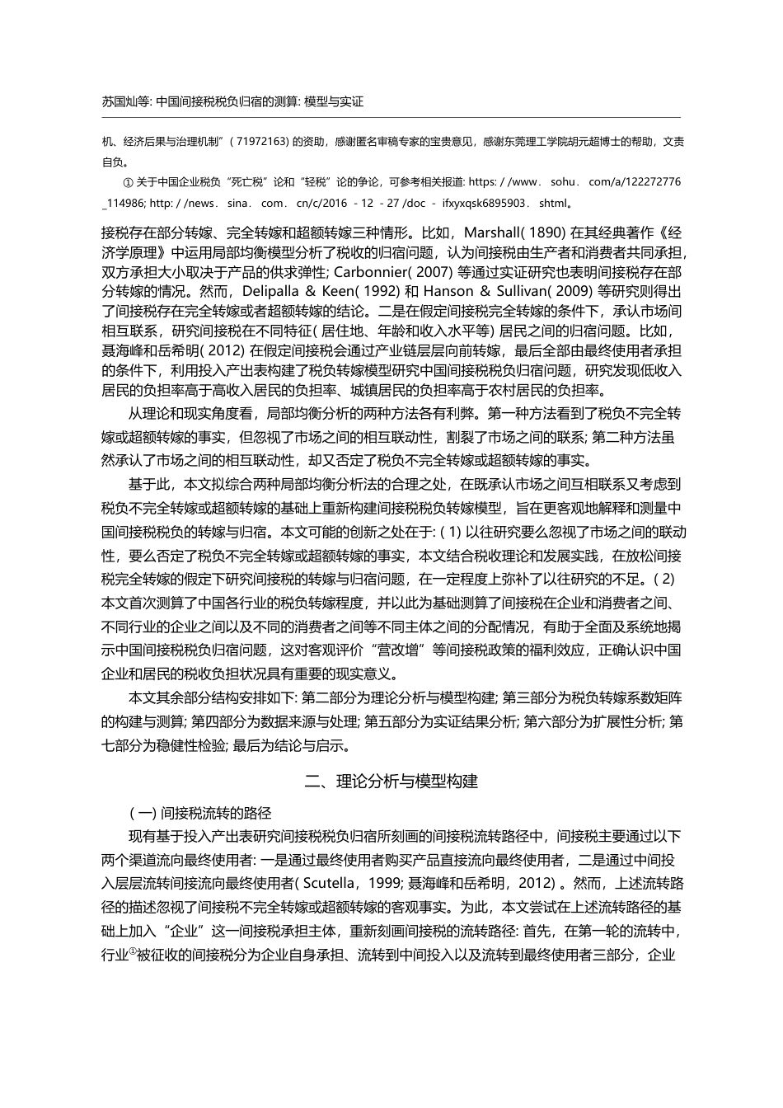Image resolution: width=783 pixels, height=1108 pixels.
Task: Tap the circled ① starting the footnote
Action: coord(127,181)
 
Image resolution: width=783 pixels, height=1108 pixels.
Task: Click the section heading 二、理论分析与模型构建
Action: coord(391,781)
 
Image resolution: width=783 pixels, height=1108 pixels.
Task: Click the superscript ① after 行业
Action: coord(131,952)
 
